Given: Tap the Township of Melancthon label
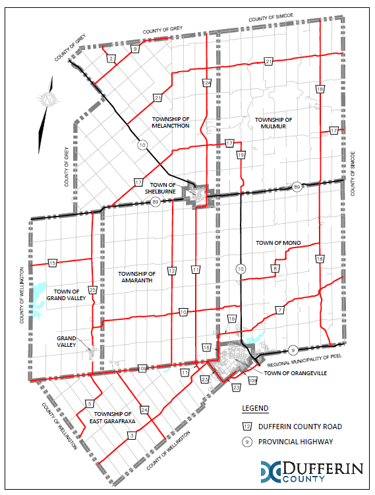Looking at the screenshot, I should point(170,122).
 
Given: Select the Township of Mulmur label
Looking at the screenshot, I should point(272,122).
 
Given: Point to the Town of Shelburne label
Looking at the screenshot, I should point(162,188).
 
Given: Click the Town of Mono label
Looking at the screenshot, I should point(279,244).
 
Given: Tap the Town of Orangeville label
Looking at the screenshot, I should point(295,373).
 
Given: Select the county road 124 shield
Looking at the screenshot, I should point(206,83).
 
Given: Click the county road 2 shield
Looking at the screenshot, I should point(111,59).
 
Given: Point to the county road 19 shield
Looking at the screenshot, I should point(241,155).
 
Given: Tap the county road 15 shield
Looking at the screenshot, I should point(53,263).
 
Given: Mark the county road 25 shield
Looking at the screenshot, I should point(93,290).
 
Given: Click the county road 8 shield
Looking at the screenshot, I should point(275,269).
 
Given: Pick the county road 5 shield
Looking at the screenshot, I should point(89,404).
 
